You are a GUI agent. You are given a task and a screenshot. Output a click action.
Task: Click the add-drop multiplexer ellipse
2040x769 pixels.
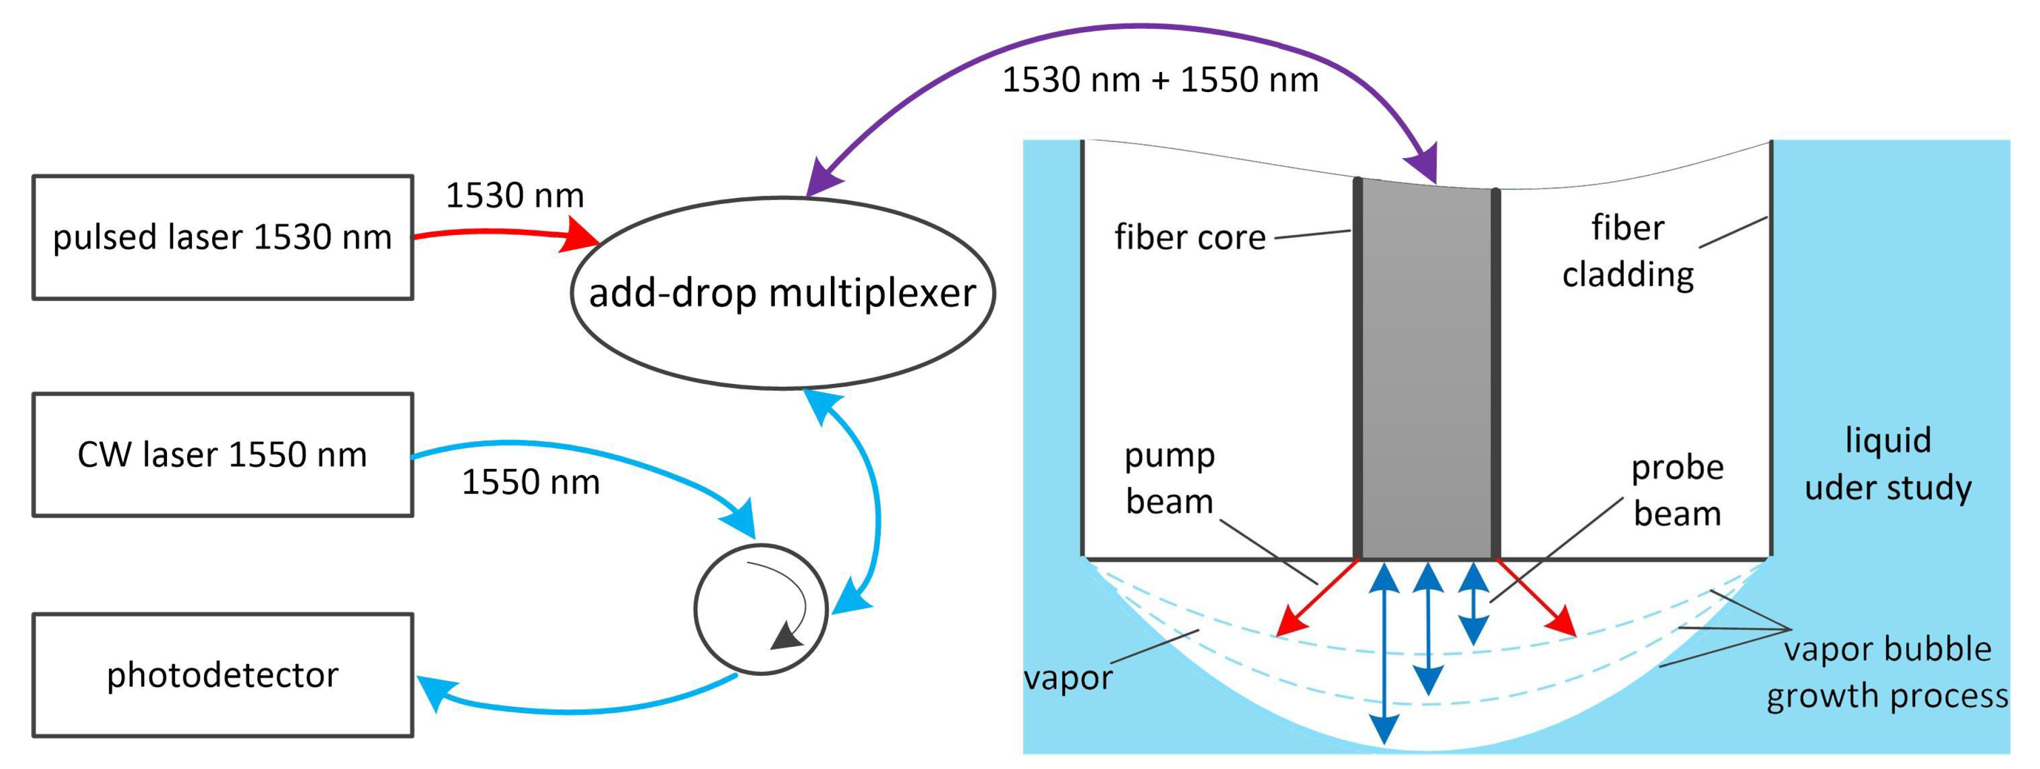coord(782,293)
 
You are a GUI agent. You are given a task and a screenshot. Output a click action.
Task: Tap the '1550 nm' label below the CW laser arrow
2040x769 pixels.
coord(530,482)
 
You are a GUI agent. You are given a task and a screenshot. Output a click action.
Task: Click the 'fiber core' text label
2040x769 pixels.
coord(1189,238)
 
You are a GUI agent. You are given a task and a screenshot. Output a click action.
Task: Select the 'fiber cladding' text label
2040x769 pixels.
coord(1628,251)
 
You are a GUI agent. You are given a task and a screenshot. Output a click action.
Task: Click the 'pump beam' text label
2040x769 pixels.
coord(1170,478)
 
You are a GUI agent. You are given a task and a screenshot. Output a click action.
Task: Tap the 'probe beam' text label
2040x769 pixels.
coord(1677,490)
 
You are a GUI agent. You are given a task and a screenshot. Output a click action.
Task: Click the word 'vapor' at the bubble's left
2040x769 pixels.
coord(1068,678)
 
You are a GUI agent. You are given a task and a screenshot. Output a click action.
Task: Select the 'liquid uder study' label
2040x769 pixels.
coord(1888,463)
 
